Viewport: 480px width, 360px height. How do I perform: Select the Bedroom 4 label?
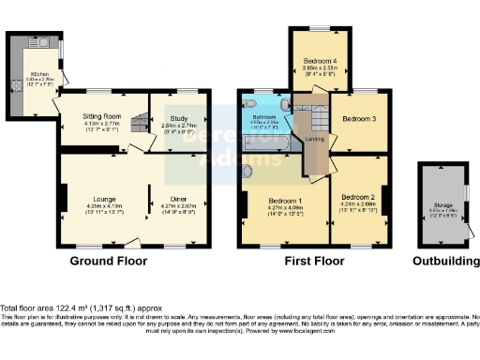coord(319,61)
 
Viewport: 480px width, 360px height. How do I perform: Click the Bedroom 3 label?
coord(359,119)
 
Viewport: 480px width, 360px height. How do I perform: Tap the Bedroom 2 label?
coord(359,193)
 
